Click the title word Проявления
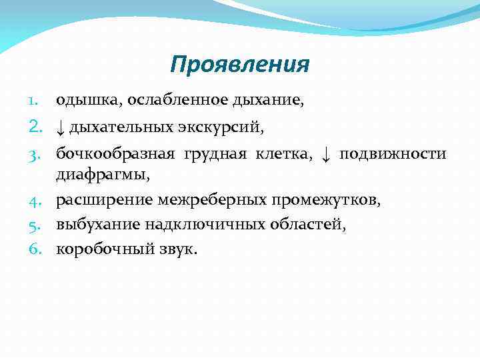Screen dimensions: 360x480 (239, 65)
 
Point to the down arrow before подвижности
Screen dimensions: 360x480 (325, 155)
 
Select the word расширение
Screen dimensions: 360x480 (105, 200)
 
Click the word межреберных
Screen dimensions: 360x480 (211, 200)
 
